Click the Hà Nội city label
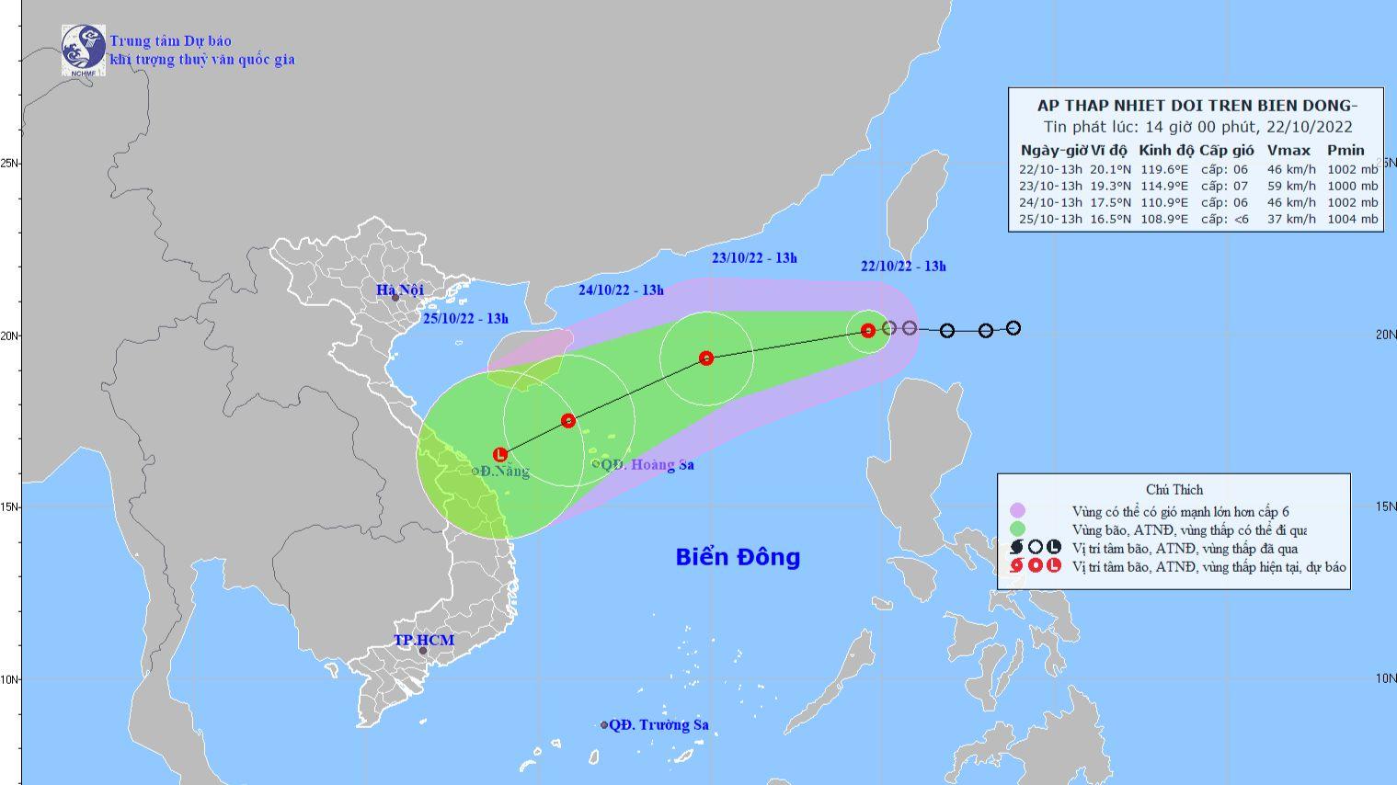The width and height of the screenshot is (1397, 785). [x=399, y=290]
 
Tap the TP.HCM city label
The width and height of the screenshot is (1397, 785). [x=424, y=640]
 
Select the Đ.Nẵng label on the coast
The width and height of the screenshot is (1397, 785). [x=504, y=472]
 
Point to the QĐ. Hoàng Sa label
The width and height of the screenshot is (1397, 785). [x=647, y=465]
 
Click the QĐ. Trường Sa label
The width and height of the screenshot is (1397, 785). [x=658, y=725]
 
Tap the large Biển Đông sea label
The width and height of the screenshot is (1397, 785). [x=738, y=557]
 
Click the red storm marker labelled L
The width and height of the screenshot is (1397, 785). [x=500, y=454]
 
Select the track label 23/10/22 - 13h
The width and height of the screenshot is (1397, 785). [x=754, y=258]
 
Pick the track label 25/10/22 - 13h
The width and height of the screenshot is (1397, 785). [x=466, y=319]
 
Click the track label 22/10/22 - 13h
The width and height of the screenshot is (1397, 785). [x=903, y=267]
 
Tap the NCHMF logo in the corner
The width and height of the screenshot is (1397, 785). [x=83, y=49]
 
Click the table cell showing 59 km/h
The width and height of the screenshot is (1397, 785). [x=1290, y=186]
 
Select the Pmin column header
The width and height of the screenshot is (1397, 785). [x=1345, y=150]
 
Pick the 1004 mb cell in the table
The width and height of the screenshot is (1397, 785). [x=1355, y=219]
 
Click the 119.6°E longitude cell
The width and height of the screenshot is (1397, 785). [x=1163, y=169]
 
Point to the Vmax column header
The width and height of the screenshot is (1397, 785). [x=1288, y=150]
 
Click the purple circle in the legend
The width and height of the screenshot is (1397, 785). [x=1016, y=511]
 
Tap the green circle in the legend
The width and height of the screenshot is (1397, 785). [x=1016, y=529]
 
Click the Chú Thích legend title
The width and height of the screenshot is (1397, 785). [x=1174, y=490]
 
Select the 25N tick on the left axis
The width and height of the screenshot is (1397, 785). [x=11, y=163]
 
